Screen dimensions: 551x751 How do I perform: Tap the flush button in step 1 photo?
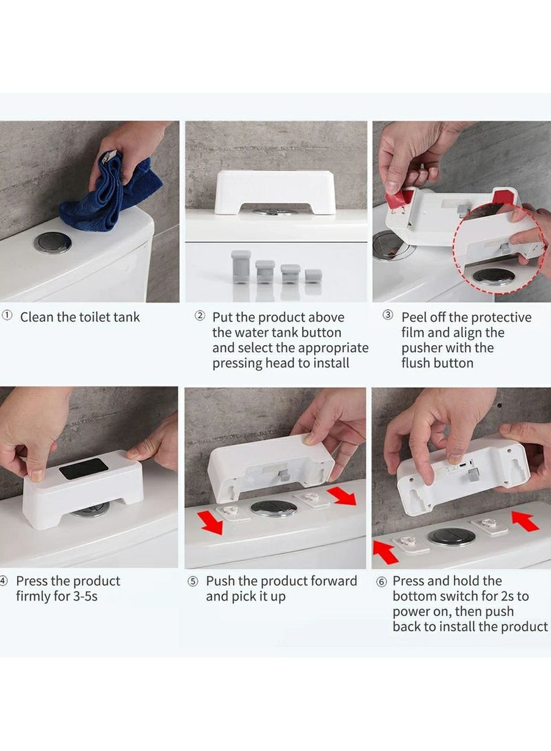pos(52,243)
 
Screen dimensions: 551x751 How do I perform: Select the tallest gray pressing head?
pos(241,267)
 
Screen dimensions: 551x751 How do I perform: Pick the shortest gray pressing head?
pos(313,276)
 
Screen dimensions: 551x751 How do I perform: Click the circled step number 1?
pos(7,316)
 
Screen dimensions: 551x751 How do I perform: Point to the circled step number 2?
pos(200,316)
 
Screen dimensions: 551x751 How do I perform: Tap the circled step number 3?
pos(388,315)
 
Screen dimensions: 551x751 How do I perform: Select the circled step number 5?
pos(192,582)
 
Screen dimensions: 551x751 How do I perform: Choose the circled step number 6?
pos(382,582)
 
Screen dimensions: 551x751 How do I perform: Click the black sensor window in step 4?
pos(84,469)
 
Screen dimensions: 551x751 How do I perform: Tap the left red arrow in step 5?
pos(211,522)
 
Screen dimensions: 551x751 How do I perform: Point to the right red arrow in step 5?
pos(342,495)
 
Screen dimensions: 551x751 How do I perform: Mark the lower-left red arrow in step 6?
pos(386,552)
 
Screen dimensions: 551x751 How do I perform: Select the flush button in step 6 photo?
pos(451,537)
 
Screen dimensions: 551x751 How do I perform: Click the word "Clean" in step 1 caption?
pos(37,317)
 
